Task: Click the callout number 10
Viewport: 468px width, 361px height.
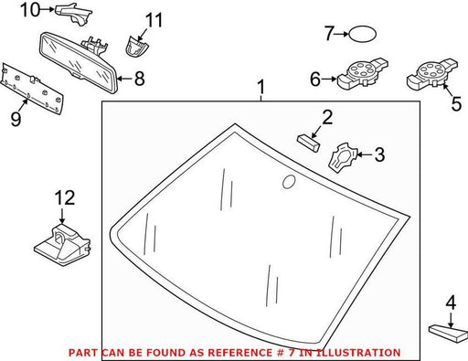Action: point(30,10)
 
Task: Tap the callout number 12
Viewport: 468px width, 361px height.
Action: point(65,198)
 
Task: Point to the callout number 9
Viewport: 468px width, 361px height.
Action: point(16,119)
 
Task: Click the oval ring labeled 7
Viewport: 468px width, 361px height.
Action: point(362,34)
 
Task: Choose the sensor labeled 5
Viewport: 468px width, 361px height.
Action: point(431,75)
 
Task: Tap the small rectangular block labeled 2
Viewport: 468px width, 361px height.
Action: point(308,143)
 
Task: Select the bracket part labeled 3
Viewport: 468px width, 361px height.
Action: point(343,157)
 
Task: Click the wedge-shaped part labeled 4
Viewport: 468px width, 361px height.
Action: point(448,334)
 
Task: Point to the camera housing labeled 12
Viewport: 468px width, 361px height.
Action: point(62,243)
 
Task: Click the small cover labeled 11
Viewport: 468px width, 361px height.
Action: point(136,46)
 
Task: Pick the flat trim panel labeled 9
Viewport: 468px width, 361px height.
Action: point(32,89)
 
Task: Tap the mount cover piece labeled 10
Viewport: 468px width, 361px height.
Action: point(73,15)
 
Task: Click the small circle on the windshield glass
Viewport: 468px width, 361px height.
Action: point(289,182)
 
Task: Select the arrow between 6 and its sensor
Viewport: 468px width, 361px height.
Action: point(329,79)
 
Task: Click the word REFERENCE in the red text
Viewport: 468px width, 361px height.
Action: point(239,353)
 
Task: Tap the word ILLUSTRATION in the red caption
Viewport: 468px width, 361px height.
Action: point(358,353)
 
